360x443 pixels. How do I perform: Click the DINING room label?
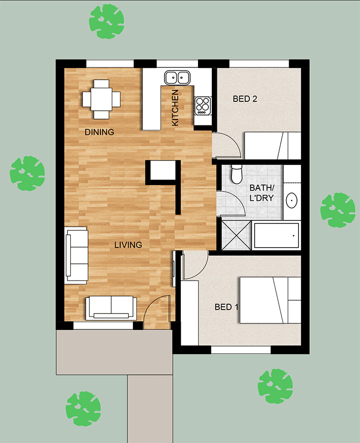point(99,132)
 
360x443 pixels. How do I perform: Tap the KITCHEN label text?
point(175,108)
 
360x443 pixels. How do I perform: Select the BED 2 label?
point(245,99)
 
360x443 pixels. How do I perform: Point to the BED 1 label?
point(227,307)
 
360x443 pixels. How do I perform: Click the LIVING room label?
point(128,245)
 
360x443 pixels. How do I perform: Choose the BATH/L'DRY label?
point(262,192)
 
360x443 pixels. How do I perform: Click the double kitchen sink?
point(177,77)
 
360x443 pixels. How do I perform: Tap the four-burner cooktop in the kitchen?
point(202,106)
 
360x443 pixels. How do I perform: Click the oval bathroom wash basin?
point(292,200)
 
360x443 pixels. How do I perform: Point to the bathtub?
point(276,235)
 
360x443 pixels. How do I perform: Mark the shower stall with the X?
point(236,235)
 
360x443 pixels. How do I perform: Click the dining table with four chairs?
point(101,99)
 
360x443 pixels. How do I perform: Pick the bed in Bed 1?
point(270,300)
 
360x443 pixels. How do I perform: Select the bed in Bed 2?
point(272,146)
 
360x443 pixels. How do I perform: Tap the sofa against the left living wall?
point(76,255)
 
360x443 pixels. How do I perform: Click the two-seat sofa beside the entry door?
point(111,308)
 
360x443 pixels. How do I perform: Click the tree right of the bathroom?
point(338,210)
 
